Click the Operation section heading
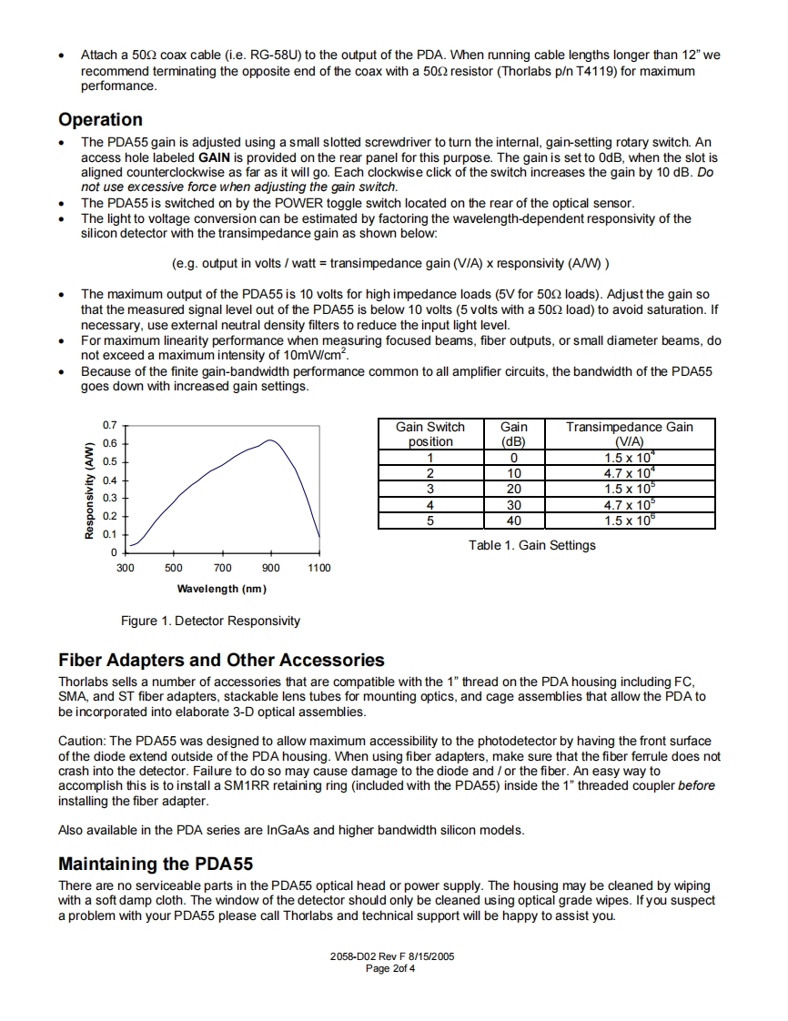pyautogui.click(x=100, y=120)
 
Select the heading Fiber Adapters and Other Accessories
pyautogui.click(x=221, y=661)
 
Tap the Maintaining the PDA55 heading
pyautogui.click(x=155, y=864)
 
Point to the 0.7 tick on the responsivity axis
pyautogui.click(x=110, y=425)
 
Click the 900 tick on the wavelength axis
pyautogui.click(x=270, y=568)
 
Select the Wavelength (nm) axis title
pyautogui.click(x=222, y=589)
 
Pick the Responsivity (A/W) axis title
pyautogui.click(x=89, y=490)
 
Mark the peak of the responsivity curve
pyautogui.click(x=270, y=440)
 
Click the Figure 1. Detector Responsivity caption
pyautogui.click(x=210, y=621)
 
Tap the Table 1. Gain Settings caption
pyautogui.click(x=532, y=545)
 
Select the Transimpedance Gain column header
pyautogui.click(x=629, y=433)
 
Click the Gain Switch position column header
pyautogui.click(x=429, y=433)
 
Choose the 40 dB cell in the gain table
pyautogui.click(x=514, y=521)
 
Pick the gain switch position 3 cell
pyautogui.click(x=429, y=489)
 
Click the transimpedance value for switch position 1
pyautogui.click(x=629, y=458)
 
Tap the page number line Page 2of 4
pyautogui.click(x=390, y=968)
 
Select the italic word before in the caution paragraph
pyautogui.click(x=698, y=785)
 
